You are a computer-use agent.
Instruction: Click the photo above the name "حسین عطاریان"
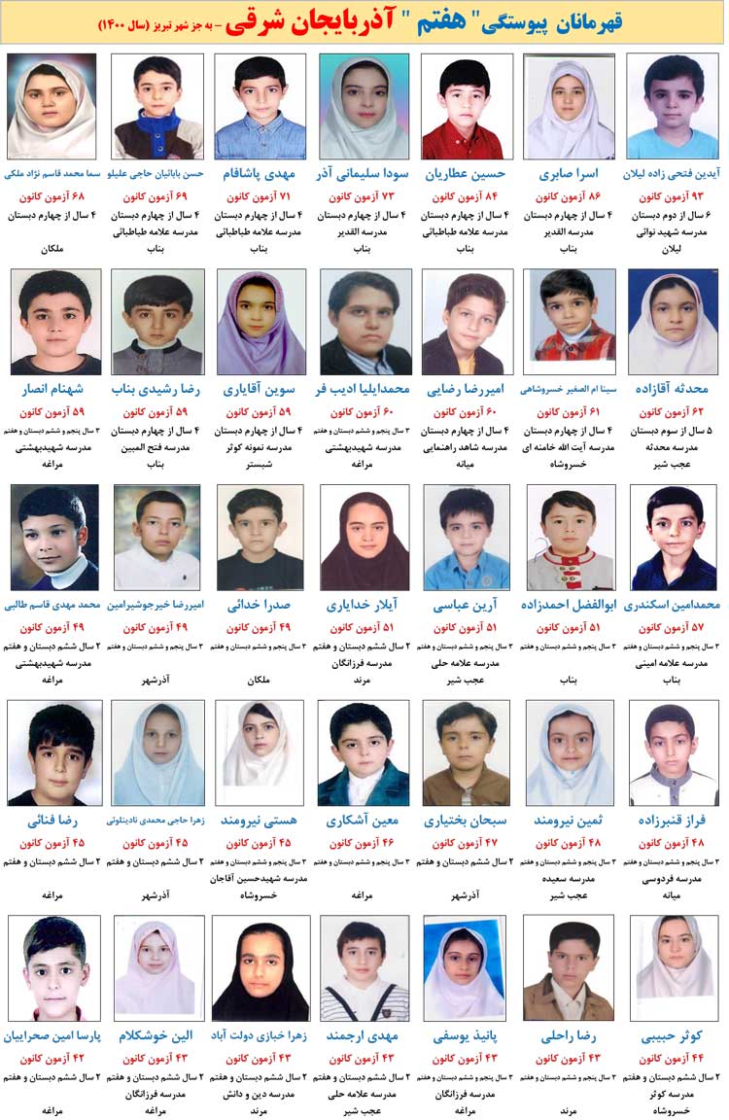468,106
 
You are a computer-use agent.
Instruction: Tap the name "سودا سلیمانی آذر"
364,174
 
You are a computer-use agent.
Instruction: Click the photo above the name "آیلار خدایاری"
364,538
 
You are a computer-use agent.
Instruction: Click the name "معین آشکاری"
364,821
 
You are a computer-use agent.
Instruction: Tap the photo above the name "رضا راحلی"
570,967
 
